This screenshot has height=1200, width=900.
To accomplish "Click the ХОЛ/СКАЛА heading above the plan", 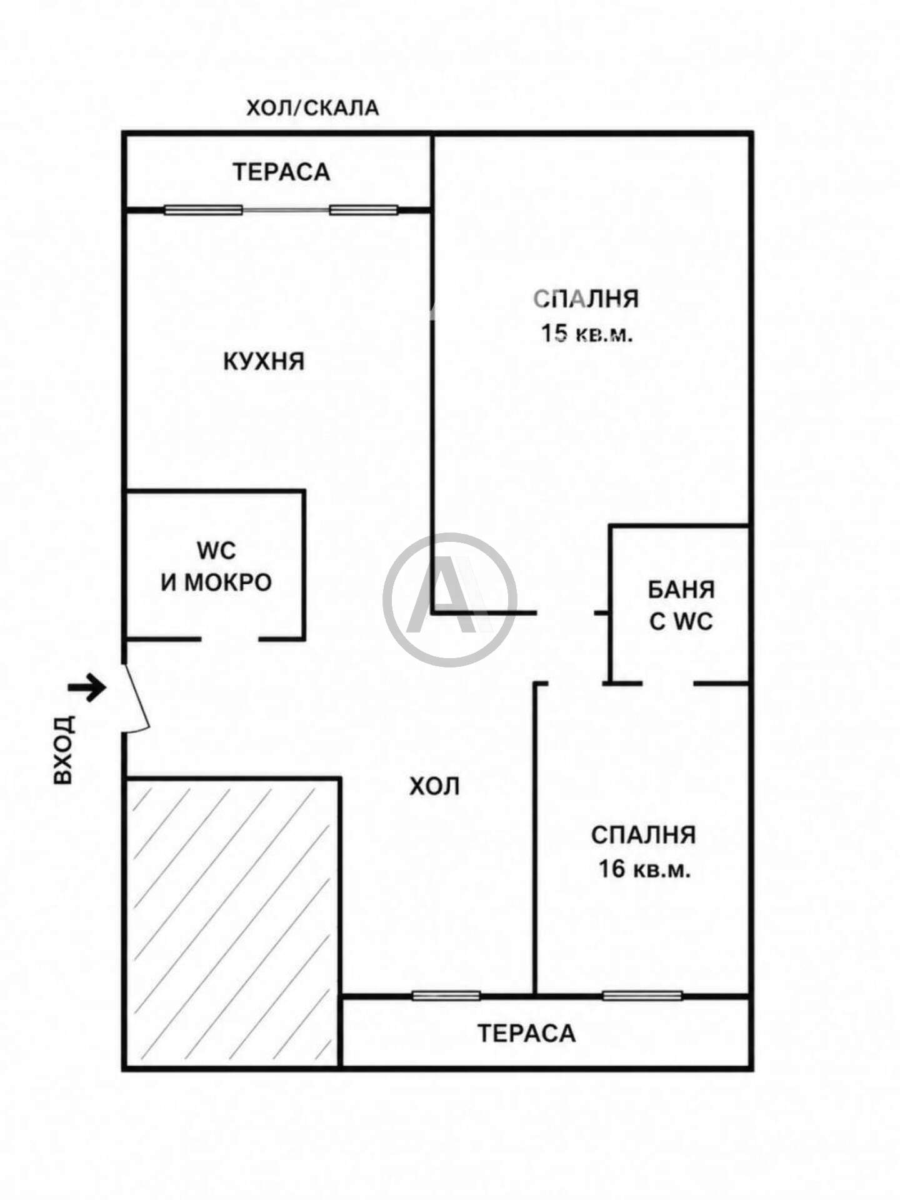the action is pos(312,108).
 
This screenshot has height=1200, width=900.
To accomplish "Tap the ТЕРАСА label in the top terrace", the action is pos(281,172).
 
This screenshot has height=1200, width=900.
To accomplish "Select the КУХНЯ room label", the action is pos(264,361).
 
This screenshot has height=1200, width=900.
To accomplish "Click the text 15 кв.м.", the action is pos(587,333).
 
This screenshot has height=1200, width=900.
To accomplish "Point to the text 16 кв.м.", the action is pos(644,869).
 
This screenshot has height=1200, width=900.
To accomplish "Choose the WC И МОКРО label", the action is pos(216,566).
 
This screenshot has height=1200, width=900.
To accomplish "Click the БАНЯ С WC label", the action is pos(681,605).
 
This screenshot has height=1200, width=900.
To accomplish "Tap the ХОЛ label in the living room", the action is pos(435,786).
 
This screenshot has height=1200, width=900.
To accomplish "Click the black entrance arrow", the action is pos(87,687).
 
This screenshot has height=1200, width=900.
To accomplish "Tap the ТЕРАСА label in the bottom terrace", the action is pos(526,1033).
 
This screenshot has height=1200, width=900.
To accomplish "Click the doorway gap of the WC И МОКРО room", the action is pos(230,639).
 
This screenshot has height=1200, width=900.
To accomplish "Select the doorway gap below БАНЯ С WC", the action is pos(668,683).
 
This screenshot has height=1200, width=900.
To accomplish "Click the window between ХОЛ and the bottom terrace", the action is pos(446,996).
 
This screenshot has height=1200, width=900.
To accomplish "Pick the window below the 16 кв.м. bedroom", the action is pos(642,996).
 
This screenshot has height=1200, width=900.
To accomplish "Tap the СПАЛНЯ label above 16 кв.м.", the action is pos(644,835).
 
